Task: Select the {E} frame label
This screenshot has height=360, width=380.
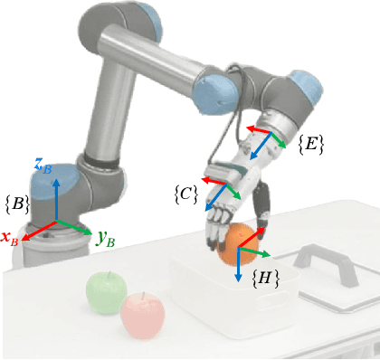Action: (x=310, y=142)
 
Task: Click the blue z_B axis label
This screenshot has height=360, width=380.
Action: (x=43, y=164)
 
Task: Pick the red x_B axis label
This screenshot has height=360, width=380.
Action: (x=11, y=239)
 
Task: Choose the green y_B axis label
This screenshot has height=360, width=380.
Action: (x=105, y=240)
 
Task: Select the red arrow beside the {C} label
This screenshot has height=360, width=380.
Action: (x=214, y=183)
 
